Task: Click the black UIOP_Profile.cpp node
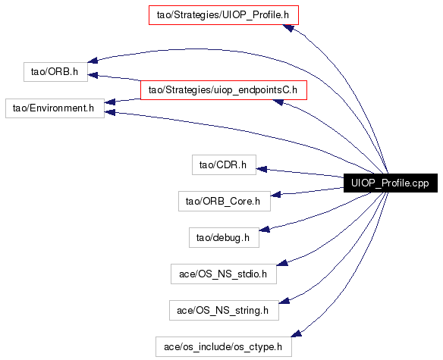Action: point(391,183)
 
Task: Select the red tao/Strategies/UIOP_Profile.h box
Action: point(224,15)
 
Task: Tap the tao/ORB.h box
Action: point(55,72)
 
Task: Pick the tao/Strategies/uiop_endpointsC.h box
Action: point(224,90)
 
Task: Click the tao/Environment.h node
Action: point(55,108)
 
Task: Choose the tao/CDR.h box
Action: point(224,165)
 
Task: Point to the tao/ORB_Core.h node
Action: point(225,202)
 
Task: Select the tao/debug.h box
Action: point(224,238)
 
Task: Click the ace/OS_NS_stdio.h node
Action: point(224,274)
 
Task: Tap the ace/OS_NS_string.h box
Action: point(224,310)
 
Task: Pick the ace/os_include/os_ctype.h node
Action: point(224,346)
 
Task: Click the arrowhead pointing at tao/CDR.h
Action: point(262,169)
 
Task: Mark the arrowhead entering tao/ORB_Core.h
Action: point(276,194)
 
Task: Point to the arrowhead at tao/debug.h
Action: point(265,229)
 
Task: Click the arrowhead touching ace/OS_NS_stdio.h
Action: point(282,262)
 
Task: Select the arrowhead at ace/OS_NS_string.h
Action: point(284,301)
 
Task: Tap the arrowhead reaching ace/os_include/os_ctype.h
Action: point(296,333)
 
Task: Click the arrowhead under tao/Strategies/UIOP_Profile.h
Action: point(288,28)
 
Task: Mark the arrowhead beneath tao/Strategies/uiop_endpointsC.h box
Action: point(278,102)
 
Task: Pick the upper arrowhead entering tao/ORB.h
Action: point(93,60)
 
